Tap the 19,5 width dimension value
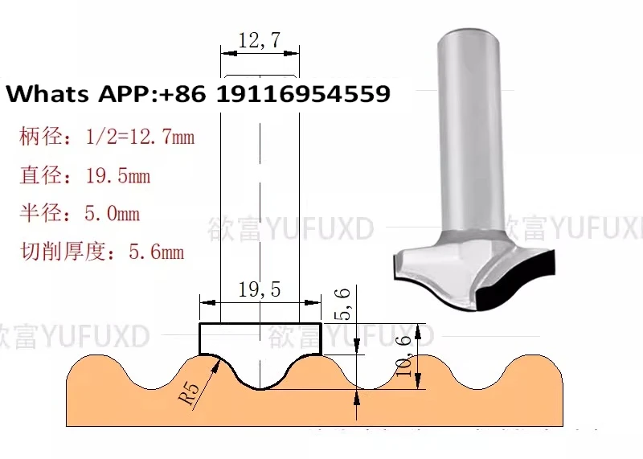[260, 291]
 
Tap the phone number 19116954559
[303, 94]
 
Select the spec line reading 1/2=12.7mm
[140, 137]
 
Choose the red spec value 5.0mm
[113, 214]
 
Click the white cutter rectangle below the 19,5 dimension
[260, 338]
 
